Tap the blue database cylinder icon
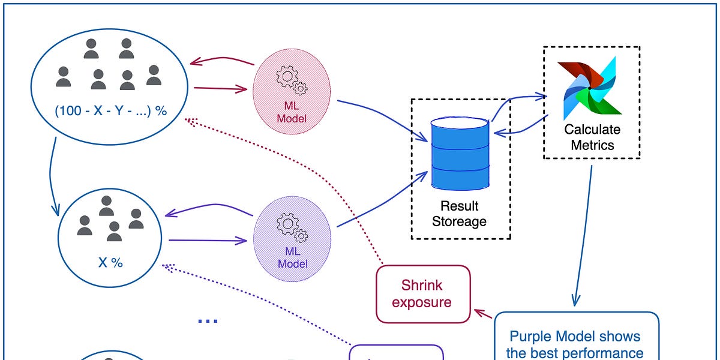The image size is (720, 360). (460, 153)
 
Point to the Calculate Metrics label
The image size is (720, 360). (592, 137)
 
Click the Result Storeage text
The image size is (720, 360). (460, 214)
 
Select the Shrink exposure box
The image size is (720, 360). (422, 294)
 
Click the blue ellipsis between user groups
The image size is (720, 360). (208, 321)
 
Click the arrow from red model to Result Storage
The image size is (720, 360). (384, 121)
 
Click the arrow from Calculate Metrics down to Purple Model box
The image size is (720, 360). (584, 234)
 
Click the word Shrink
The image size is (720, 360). (422, 285)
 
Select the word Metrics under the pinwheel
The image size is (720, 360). (592, 145)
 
